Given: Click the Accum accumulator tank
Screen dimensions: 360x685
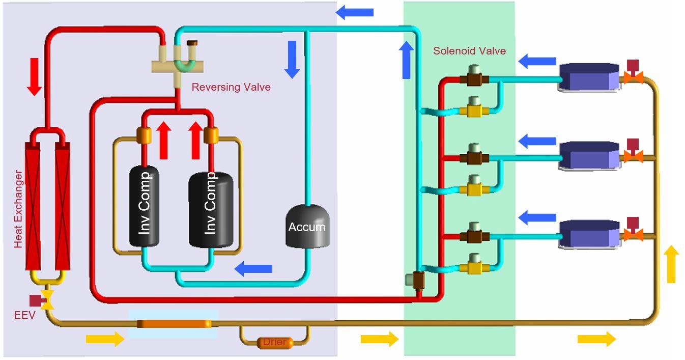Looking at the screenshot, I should pos(307,227).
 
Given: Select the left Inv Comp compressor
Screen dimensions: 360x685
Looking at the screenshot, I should pos(144,206).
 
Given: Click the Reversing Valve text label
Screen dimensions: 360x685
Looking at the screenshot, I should pos(231,87).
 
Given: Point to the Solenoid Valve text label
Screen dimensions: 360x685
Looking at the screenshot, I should pos(469,51).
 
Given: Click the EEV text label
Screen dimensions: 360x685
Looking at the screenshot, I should pos(24,315).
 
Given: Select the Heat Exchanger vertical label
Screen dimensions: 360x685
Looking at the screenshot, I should pos(18,209).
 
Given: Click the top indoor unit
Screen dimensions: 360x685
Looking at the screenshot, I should pos(589,78).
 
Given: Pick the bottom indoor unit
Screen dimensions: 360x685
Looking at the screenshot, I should pos(589,235).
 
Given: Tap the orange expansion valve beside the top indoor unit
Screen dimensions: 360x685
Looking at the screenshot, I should pos(633,77).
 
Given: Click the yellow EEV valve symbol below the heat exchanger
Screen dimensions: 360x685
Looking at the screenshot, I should pos(48,301).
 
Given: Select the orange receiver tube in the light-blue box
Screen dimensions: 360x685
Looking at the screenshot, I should pos(174,323).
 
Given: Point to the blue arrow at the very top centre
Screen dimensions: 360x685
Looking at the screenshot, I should pos(355,12).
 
